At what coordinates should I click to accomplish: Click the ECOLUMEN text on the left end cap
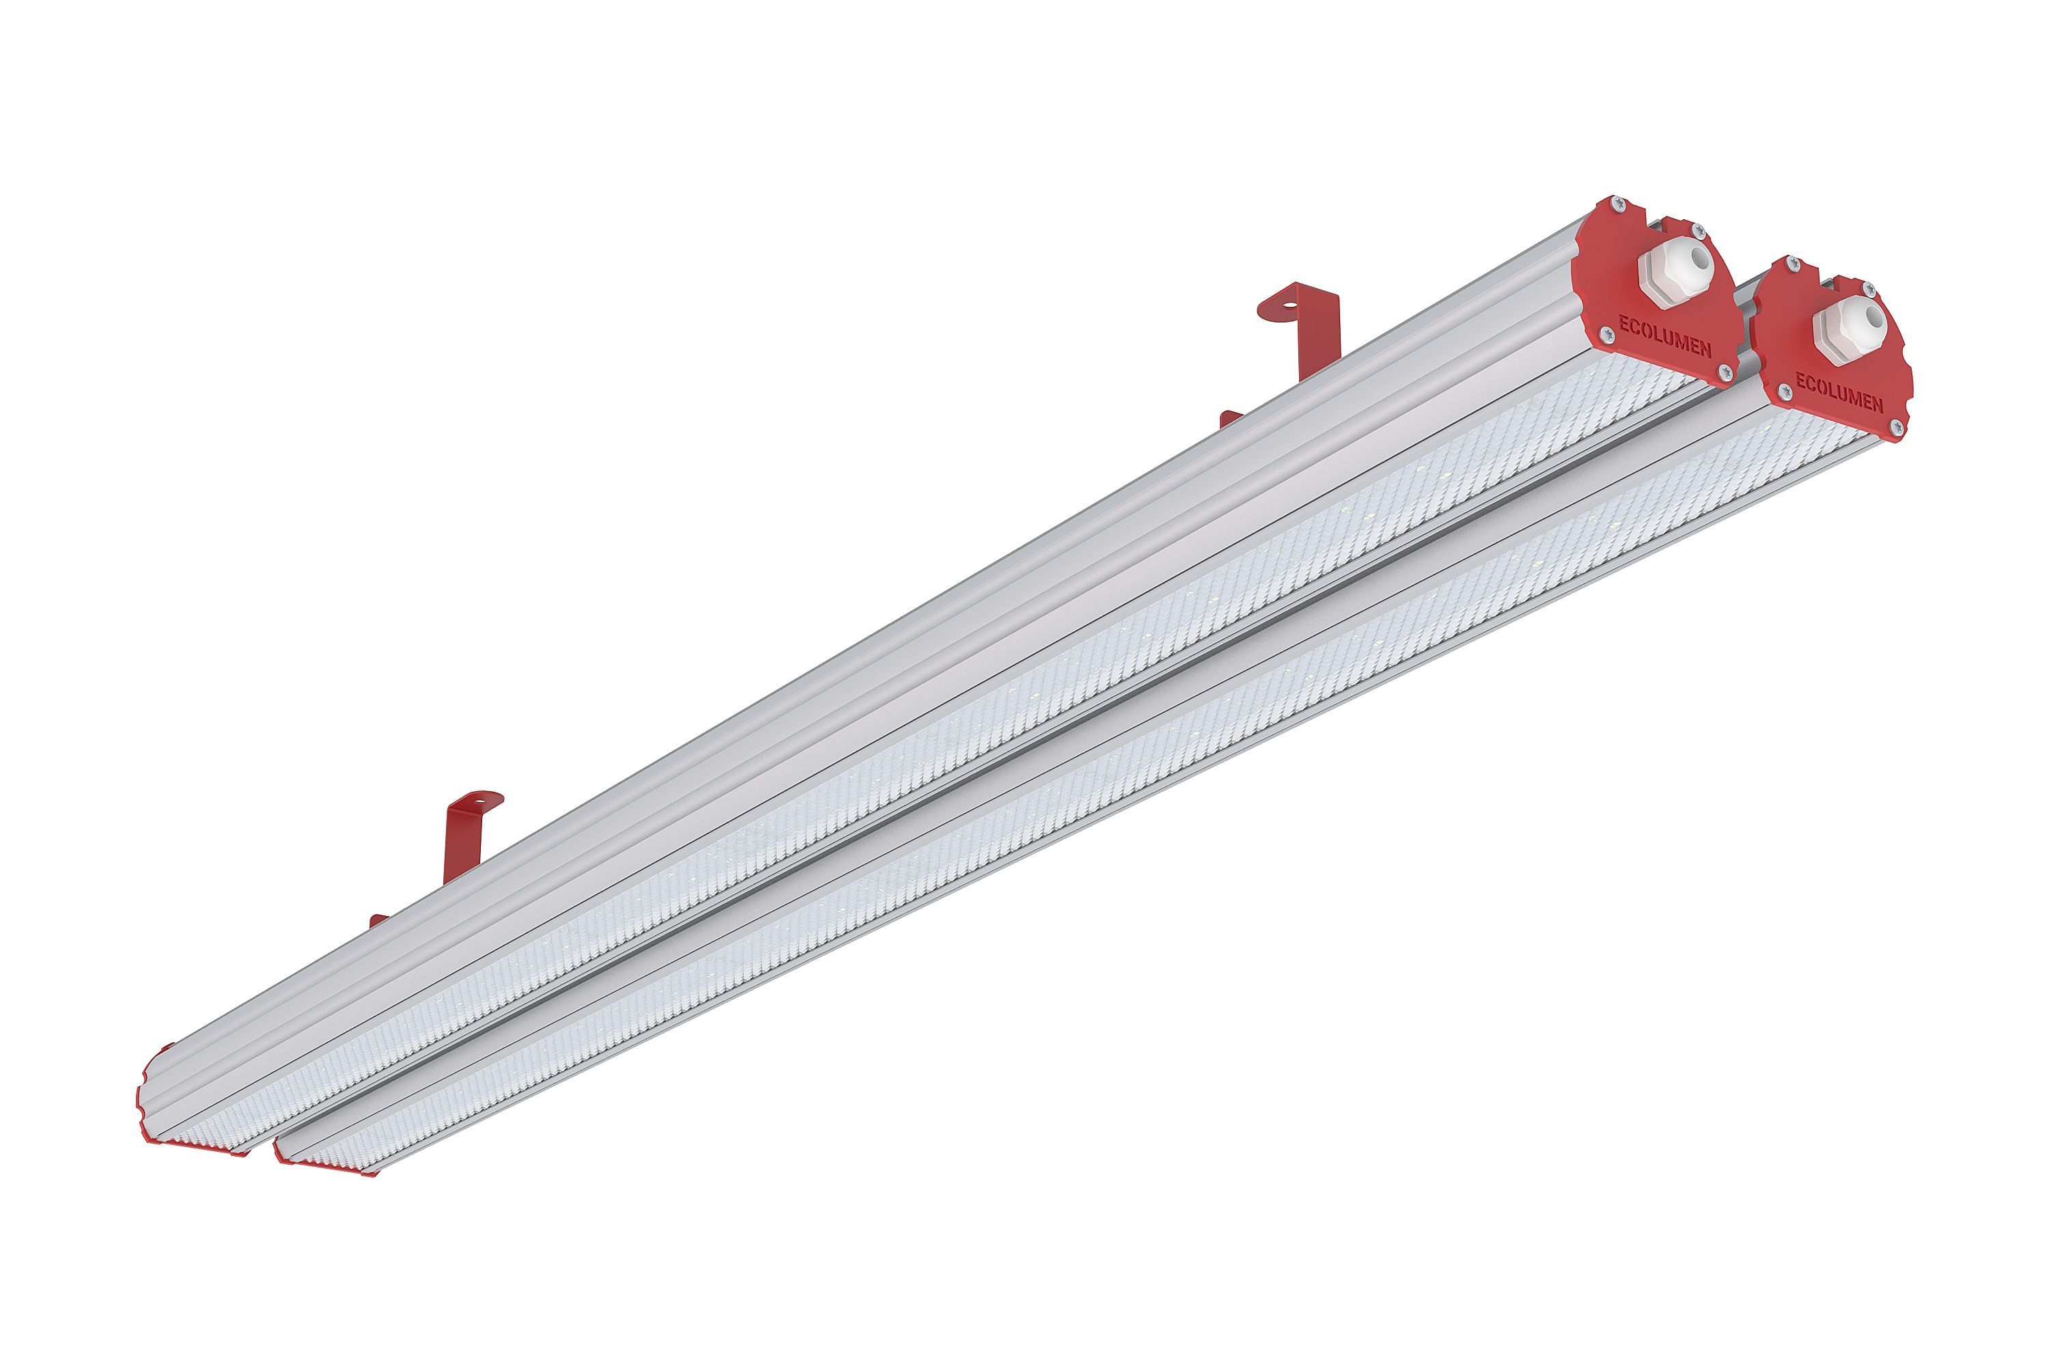[x=1664, y=335]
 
